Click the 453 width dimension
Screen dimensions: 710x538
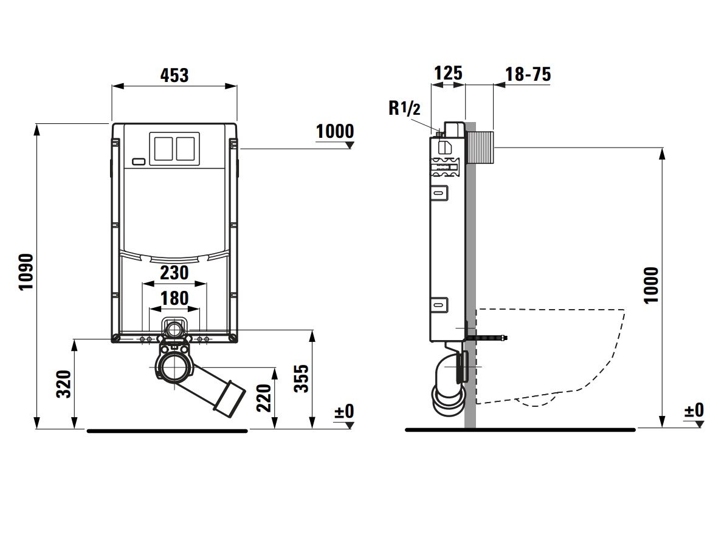(174, 75)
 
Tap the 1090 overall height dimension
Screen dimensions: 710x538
(26, 272)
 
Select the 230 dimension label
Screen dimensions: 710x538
(174, 273)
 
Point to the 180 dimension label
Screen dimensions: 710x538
(174, 298)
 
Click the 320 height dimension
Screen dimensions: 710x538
(64, 384)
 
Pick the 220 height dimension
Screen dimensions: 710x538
(264, 398)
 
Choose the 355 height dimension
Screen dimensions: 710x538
(302, 378)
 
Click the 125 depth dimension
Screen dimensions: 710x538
(448, 73)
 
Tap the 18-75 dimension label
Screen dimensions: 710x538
(528, 73)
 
